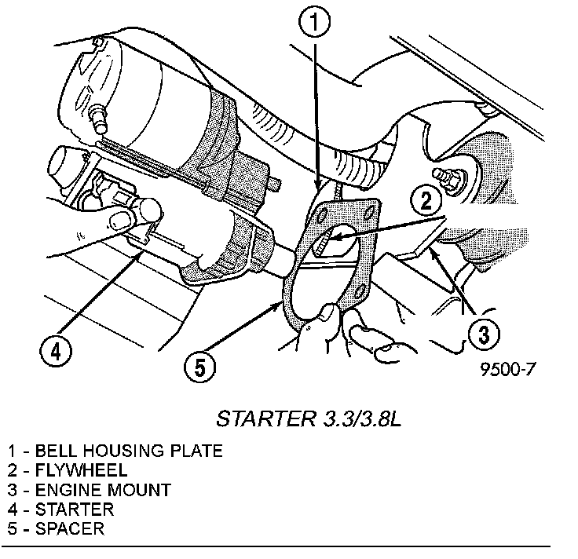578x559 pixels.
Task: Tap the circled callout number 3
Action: click(484, 335)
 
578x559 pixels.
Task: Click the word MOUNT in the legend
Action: click(142, 490)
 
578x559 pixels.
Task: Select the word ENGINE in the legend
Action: click(71, 490)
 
